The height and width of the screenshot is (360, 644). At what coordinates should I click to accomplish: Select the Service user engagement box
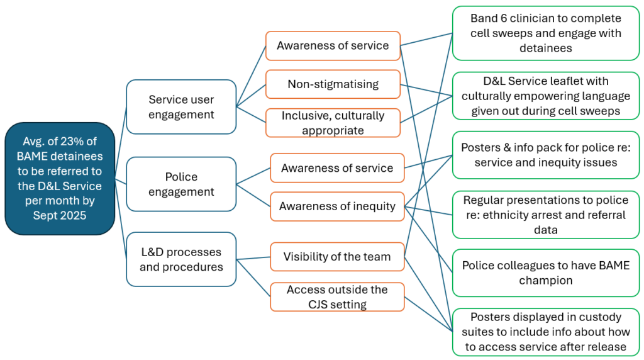pos(181,107)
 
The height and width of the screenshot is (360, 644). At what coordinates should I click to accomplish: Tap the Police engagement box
pos(181,184)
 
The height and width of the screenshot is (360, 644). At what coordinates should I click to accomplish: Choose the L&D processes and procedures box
pos(181,259)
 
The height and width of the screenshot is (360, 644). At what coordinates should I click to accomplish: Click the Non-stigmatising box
pos(333,84)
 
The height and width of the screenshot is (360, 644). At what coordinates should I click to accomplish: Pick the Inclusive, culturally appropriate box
pos(333,123)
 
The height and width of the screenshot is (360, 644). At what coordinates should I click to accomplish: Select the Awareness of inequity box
pos(337,206)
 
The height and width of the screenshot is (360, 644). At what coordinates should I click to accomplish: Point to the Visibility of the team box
pos(337,256)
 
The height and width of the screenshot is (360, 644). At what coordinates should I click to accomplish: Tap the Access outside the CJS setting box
pos(337,297)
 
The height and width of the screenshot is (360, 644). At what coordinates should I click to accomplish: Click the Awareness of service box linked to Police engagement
pos(337,168)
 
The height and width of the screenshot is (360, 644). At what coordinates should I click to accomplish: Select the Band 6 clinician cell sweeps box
pos(545,33)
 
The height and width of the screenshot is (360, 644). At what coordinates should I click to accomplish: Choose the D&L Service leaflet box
pos(545,96)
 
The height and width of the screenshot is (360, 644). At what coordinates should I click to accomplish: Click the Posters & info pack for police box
pos(545,155)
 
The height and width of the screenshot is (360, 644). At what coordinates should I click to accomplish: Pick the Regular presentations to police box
pos(545,215)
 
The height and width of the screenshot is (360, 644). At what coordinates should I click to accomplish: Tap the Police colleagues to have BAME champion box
pos(545,273)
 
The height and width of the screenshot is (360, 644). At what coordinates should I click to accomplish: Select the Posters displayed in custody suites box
pos(545,332)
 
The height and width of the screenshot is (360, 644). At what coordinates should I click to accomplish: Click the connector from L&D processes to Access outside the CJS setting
pos(253,278)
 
